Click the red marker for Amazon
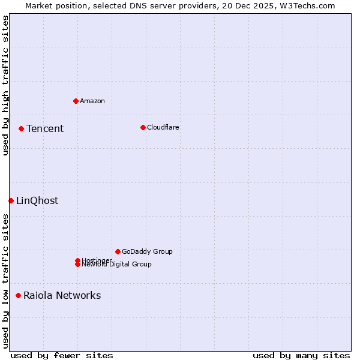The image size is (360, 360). pos(76,101)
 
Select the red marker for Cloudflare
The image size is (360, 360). pos(143,127)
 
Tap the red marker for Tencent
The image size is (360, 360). pos(21,128)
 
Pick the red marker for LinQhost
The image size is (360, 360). pos(11,200)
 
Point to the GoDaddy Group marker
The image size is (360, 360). pos(118,251)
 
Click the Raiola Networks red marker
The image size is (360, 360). pos(18,295)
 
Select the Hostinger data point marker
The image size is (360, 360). pos(77,260)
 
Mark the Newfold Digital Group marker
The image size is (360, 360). pos(77,265)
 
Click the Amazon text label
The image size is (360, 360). pos(92,101)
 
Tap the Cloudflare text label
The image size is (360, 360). pos(163,127)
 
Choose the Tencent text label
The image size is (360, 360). pos(45,128)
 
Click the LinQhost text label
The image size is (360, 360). pos(37,200)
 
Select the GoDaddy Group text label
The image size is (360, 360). pos(147,251)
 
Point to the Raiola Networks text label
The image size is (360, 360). pos(62,295)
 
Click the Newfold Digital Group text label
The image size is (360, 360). pos(117,265)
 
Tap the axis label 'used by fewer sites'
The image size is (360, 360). pos(62,355)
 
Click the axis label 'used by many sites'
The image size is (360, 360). pos(301,355)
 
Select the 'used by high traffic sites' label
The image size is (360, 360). pos(6,85)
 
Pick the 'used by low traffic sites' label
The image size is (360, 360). pos(6,281)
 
